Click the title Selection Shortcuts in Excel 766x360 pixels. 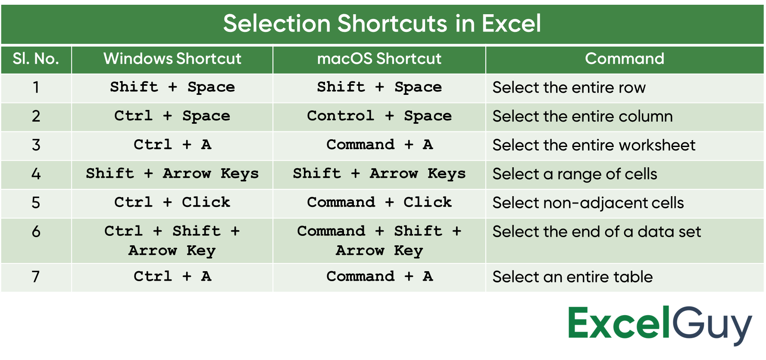382,23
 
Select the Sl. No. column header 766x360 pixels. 36,59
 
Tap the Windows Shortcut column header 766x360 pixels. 172,59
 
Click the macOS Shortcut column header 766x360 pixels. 379,59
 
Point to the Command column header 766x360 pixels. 625,59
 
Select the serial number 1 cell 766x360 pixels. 36,88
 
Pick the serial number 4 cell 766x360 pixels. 36,174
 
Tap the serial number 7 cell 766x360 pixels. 36,277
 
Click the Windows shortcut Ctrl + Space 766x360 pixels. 172,116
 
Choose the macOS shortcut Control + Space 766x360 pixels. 379,116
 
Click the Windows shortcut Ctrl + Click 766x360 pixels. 172,202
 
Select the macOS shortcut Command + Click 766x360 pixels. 379,202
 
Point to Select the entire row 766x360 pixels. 569,88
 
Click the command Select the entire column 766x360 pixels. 582,116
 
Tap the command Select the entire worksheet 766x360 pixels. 594,145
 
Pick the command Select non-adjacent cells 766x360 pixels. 588,203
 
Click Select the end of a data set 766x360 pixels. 597,232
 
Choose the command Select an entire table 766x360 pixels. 572,277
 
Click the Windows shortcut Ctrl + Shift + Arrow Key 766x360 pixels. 172,241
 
